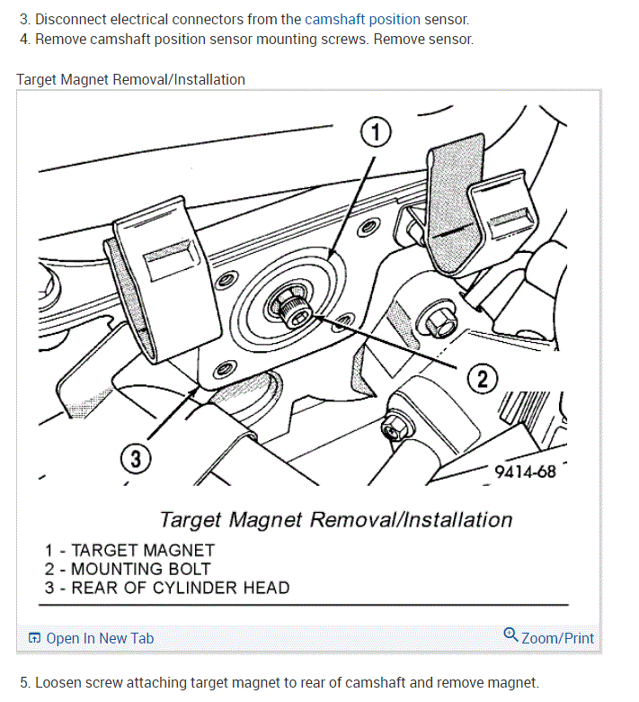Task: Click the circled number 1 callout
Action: [376, 132]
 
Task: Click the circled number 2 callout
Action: [482, 379]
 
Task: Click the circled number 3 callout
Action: [136, 459]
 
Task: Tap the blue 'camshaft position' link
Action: [363, 19]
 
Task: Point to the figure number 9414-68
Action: [525, 472]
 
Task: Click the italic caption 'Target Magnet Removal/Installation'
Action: [336, 520]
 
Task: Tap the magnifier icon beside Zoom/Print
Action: [510, 634]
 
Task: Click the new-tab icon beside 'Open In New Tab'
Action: [34, 638]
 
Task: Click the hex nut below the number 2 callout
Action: [395, 427]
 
